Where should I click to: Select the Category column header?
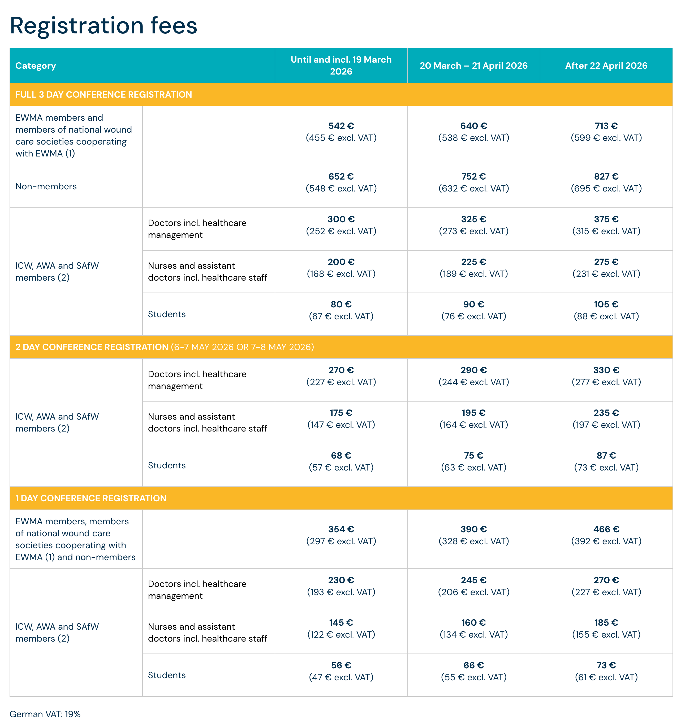point(36,66)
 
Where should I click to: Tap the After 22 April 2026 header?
point(606,66)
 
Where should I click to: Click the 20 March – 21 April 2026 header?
point(473,66)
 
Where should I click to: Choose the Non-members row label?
point(46,186)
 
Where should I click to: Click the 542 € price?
point(341,126)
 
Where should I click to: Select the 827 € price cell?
point(606,177)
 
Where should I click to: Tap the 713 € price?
point(606,126)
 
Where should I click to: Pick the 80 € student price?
point(341,304)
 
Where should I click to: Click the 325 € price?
point(473,219)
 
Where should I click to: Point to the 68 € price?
point(341,456)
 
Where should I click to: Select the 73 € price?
point(606,665)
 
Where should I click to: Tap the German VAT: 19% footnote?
point(45,714)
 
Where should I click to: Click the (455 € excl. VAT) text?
point(341,138)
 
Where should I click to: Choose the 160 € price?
point(473,623)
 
